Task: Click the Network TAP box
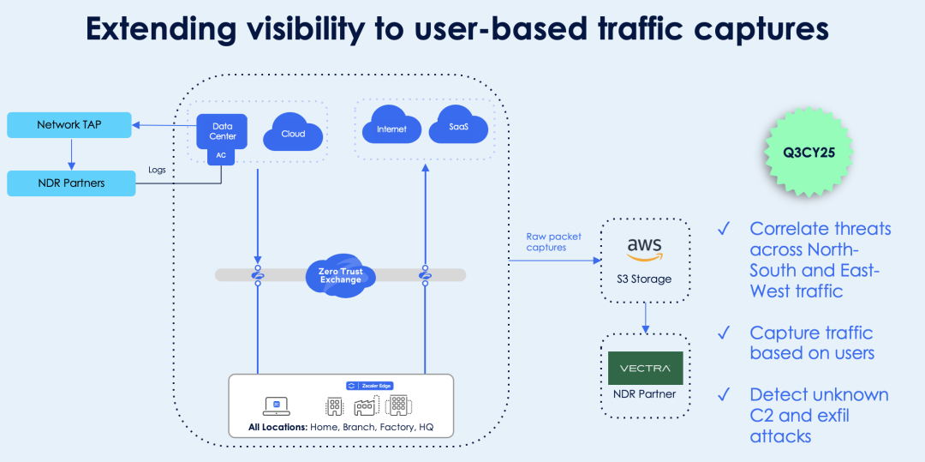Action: [69, 125]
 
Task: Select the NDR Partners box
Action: [70, 183]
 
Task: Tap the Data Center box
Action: [223, 131]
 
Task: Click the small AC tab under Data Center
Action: [222, 156]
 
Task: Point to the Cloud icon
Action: [293, 134]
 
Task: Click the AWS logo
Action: [644, 249]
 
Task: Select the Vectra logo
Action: [645, 368]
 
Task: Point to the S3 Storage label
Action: [645, 279]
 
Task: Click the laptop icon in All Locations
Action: [277, 405]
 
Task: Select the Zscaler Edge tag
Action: [369, 386]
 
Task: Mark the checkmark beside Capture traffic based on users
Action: [725, 333]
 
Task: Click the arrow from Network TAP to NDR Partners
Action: [70, 153]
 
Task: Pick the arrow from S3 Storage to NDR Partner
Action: [645, 317]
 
